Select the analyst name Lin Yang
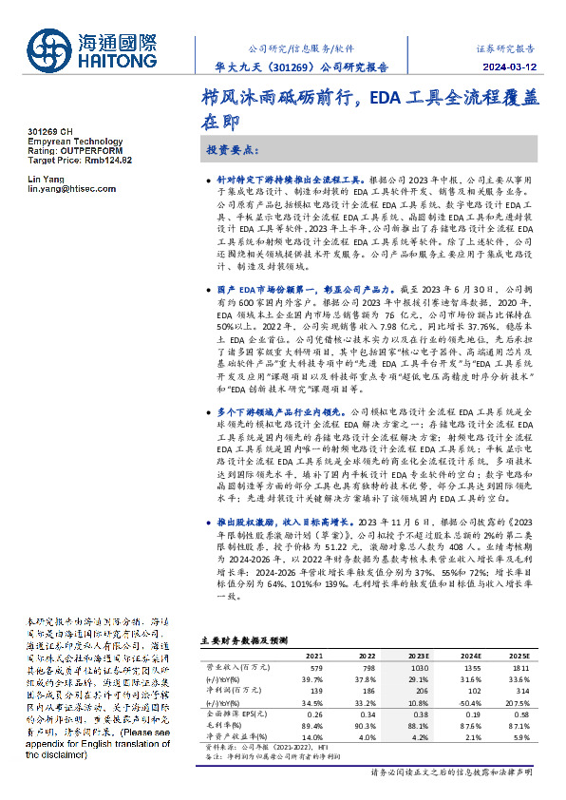click(x=46, y=180)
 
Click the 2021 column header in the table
click(x=313, y=657)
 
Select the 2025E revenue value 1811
click(x=516, y=669)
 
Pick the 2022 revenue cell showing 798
click(x=365, y=669)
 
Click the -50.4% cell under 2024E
click(x=467, y=701)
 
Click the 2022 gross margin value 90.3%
click(x=365, y=724)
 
